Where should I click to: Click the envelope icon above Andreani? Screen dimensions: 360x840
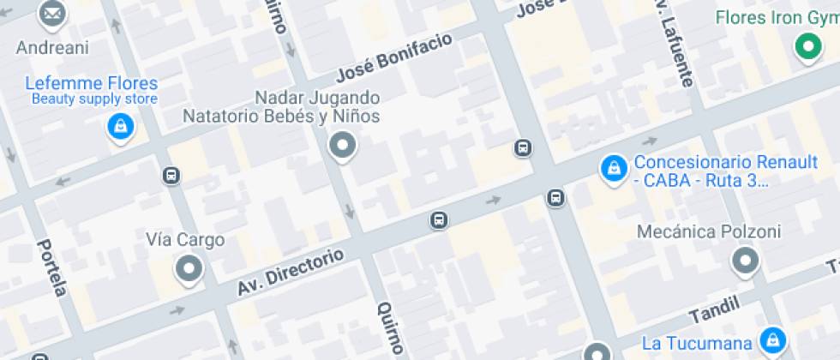(52, 14)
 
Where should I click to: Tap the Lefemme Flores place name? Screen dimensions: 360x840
(92, 84)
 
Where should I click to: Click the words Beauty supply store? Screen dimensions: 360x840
(94, 99)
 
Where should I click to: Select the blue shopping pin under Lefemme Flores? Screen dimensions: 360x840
(121, 128)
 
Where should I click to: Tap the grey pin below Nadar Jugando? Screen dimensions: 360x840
(343, 146)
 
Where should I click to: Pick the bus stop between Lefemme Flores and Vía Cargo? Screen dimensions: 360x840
(171, 176)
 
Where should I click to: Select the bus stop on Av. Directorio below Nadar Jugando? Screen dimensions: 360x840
(439, 221)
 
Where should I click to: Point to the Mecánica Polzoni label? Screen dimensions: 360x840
(709, 232)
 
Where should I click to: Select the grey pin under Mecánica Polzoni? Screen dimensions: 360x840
(745, 261)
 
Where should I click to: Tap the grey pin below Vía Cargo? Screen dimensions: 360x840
(186, 270)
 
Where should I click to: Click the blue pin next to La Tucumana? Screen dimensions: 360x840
(773, 339)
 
